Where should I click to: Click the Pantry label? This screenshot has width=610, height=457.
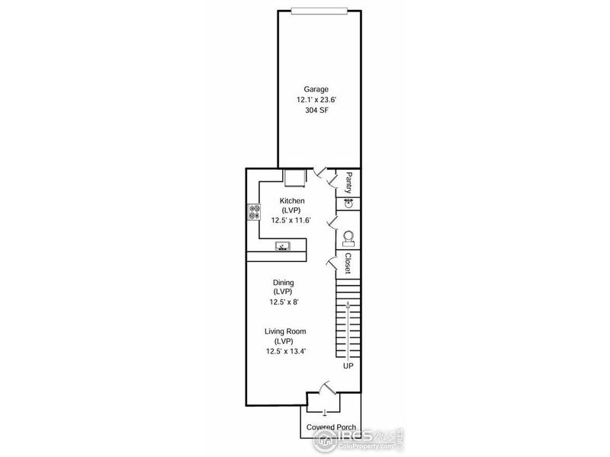click(x=348, y=183)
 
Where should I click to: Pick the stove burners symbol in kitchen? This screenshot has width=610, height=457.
click(x=254, y=213)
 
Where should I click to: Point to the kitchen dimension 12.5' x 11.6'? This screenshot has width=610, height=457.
click(x=292, y=220)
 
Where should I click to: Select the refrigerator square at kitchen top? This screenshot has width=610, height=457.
click(x=294, y=177)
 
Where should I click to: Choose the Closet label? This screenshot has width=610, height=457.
click(x=348, y=264)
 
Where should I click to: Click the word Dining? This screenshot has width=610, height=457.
click(x=284, y=282)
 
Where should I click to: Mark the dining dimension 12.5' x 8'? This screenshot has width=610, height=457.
click(x=284, y=302)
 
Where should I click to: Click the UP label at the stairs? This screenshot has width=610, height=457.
click(x=348, y=366)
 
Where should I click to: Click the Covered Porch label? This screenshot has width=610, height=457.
click(x=330, y=427)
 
